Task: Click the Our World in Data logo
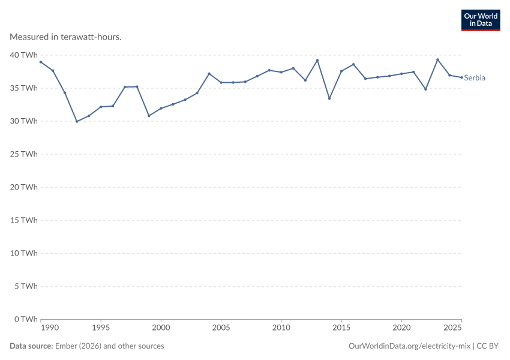pos(481,20)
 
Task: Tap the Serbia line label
pos(475,78)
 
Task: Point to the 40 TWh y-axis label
pos(24,55)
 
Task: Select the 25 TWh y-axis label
pos(24,154)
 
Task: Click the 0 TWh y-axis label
pos(26,319)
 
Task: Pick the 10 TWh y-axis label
pos(24,253)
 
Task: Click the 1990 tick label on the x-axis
pos(50,328)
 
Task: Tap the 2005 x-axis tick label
pos(221,328)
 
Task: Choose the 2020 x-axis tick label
pos(401,328)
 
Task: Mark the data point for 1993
pos(77,122)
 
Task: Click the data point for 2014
pos(329,98)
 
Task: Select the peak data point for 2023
pos(437,60)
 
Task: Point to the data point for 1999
pos(149,116)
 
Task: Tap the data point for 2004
pos(209,74)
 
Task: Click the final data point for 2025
pos(461,77)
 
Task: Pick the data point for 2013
pos(317,61)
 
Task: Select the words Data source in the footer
pos(31,346)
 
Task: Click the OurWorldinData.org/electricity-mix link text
pos(409,346)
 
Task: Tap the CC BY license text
pos(487,346)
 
